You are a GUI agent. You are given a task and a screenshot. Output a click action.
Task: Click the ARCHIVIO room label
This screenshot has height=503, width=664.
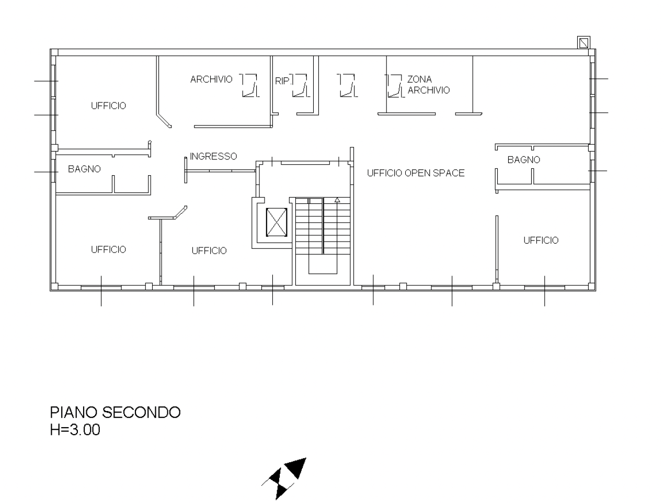(211, 79)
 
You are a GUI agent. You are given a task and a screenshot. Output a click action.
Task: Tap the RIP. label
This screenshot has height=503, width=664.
(282, 81)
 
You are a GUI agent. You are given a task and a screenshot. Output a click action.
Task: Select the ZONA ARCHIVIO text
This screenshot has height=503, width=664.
(428, 85)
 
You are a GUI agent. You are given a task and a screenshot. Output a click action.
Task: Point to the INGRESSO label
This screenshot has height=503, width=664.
(213, 156)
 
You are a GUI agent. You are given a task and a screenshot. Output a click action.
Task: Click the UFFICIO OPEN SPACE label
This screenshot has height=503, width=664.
(416, 173)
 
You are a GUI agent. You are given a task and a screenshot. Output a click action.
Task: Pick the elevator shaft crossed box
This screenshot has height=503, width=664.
(277, 222)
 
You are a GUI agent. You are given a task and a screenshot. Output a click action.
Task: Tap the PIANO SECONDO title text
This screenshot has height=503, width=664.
(115, 412)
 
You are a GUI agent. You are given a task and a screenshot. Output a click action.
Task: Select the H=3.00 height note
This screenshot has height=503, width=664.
(75, 429)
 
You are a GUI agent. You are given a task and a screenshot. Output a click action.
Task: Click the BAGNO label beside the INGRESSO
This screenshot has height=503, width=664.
(84, 169)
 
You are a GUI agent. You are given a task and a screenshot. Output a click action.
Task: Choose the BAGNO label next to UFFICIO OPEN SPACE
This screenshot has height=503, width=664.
(524, 159)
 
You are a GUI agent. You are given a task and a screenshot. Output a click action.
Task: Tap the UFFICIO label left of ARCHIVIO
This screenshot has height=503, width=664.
(108, 106)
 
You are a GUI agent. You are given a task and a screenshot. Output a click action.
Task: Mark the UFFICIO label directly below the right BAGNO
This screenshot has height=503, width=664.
(541, 240)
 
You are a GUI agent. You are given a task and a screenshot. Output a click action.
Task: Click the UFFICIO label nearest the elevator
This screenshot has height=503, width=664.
(209, 250)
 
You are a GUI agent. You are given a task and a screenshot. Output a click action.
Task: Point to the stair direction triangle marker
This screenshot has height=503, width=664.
(337, 200)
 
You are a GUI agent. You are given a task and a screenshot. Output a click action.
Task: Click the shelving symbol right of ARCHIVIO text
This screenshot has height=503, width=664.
(249, 86)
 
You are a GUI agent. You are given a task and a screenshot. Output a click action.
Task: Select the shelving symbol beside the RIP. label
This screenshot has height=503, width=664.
(300, 86)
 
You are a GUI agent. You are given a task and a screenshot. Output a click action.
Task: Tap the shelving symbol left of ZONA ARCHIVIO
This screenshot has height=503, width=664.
(395, 86)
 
